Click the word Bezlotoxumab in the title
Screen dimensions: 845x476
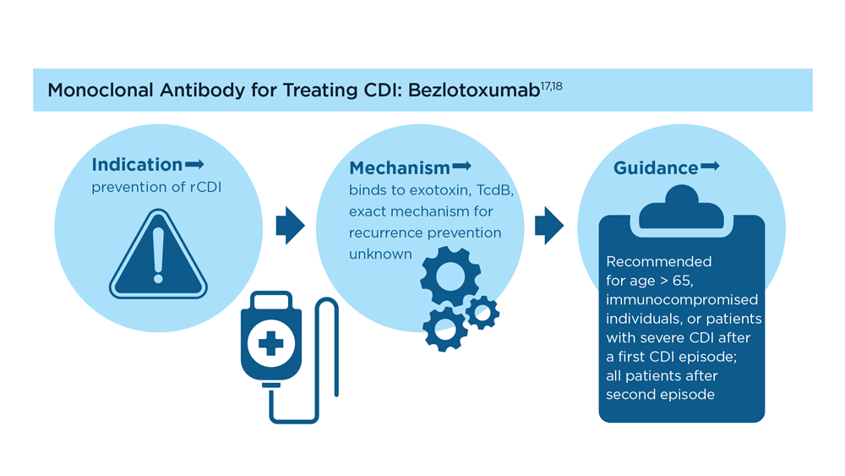(474, 90)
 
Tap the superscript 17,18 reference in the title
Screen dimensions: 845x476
(551, 85)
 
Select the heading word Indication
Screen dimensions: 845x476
(137, 164)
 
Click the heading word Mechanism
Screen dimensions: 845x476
(400, 167)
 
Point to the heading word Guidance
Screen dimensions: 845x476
(656, 167)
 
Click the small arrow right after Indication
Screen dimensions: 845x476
(194, 164)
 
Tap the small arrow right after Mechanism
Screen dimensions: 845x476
(462, 166)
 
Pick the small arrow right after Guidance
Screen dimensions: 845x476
(710, 166)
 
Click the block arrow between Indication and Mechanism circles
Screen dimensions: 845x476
(291, 226)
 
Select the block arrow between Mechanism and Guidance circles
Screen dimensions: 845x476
(549, 226)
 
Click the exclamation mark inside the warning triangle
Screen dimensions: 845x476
(158, 255)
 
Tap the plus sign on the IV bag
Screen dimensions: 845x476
(270, 343)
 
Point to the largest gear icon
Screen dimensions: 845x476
(450, 276)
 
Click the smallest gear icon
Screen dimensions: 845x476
(482, 313)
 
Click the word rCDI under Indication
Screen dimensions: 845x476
(205, 187)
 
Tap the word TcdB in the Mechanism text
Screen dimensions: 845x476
(494, 191)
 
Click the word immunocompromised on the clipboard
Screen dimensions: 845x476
(682, 300)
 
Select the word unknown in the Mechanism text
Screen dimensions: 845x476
(380, 254)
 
